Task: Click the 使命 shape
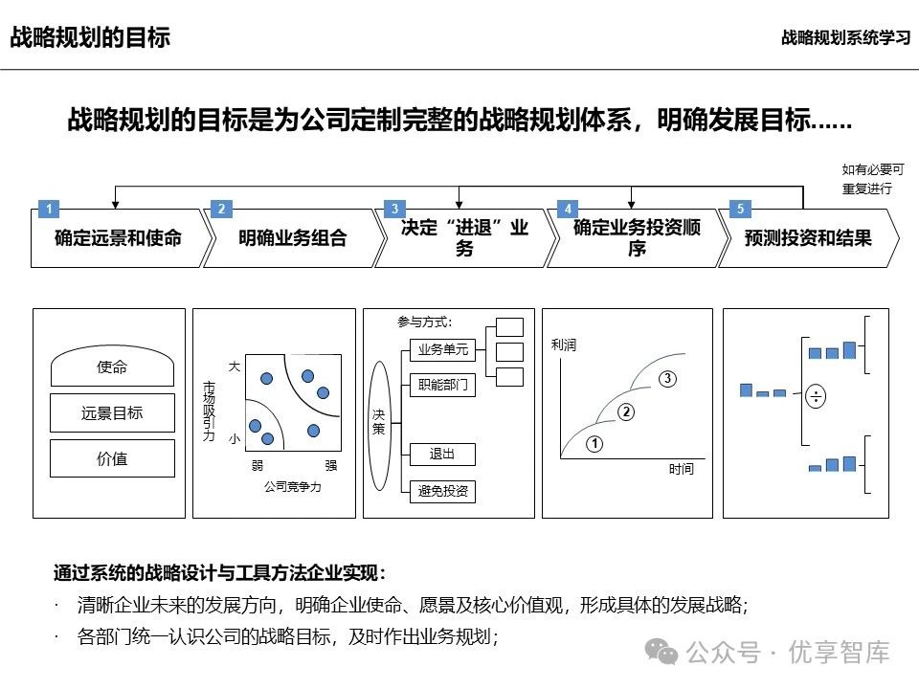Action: [x=112, y=367]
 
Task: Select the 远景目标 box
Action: [x=112, y=413]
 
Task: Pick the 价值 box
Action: [x=112, y=458]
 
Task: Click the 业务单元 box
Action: [x=442, y=349]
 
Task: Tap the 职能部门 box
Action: [x=442, y=386]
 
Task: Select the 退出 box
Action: [x=442, y=454]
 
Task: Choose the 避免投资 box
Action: [x=442, y=491]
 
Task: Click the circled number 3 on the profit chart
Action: [x=668, y=379]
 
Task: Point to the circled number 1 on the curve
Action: [x=594, y=443]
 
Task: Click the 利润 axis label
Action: [x=564, y=345]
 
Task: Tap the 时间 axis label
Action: [x=682, y=470]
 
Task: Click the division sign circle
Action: [x=816, y=396]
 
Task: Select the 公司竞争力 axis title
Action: [x=292, y=487]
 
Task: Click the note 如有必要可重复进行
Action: [x=867, y=180]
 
